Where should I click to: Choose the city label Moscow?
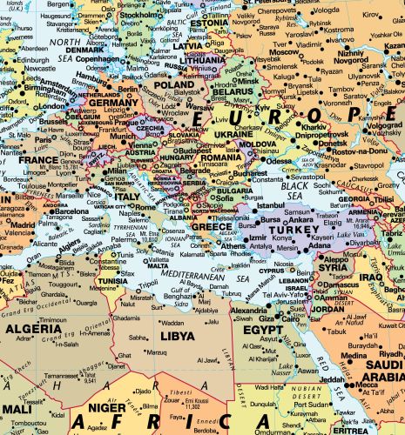[285, 52]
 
